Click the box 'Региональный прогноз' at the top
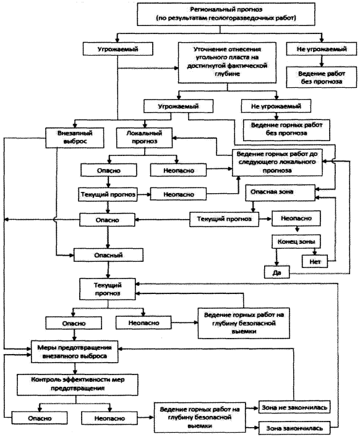tap(226, 14)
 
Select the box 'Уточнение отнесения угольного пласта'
tap(227, 63)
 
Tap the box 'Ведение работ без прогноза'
tap(321, 77)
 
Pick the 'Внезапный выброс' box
tap(75, 137)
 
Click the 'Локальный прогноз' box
tap(144, 137)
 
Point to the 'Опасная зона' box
tap(280, 193)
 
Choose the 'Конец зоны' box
tap(296, 241)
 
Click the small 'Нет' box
tap(315, 261)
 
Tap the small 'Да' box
tap(276, 272)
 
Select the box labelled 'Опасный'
tap(108, 255)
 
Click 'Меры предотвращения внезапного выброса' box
tap(74, 352)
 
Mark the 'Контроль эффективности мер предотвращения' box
tap(77, 384)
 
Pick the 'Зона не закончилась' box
tap(294, 407)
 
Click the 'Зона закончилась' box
tap(294, 428)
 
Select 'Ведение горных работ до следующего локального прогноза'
tap(277, 162)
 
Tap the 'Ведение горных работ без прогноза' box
tap(286, 130)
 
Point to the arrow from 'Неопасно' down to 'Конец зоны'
tap(297, 229)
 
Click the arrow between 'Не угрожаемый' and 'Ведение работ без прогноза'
tap(322, 61)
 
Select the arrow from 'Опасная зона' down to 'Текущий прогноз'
tap(253, 206)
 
